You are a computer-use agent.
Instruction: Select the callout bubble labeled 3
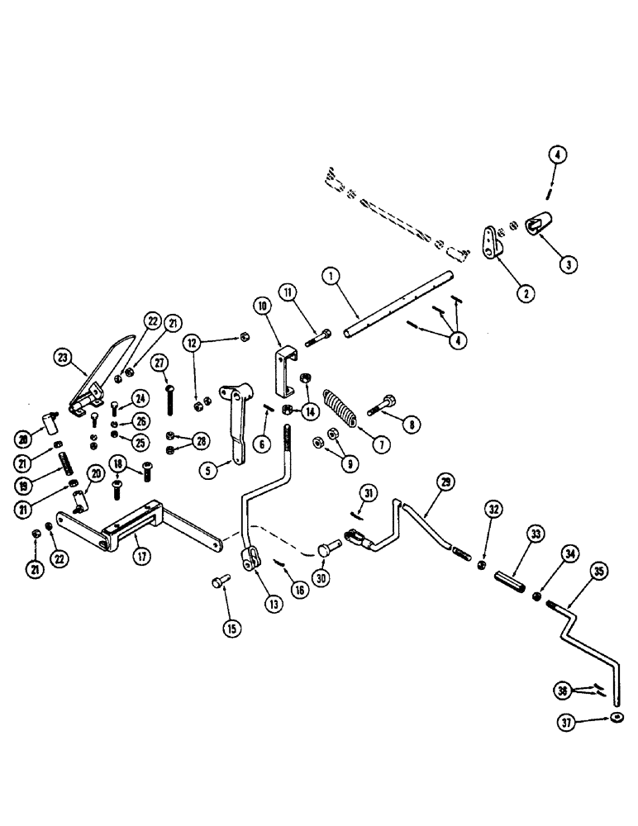click(569, 264)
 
